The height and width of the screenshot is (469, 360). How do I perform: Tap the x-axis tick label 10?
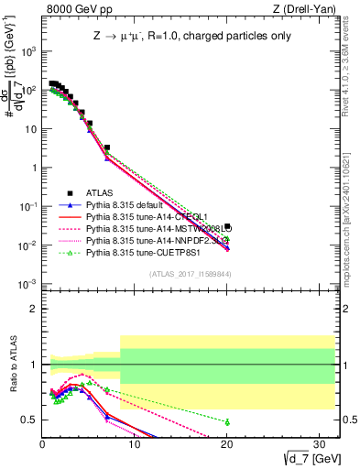[x=134, y=443]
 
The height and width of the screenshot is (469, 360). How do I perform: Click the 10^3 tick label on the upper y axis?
[x=27, y=51]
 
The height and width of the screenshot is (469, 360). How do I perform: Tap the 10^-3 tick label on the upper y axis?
[x=27, y=284]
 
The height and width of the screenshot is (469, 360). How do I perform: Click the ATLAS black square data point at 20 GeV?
[x=226, y=227]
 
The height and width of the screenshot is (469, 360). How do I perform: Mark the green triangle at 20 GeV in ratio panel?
[x=226, y=421]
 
